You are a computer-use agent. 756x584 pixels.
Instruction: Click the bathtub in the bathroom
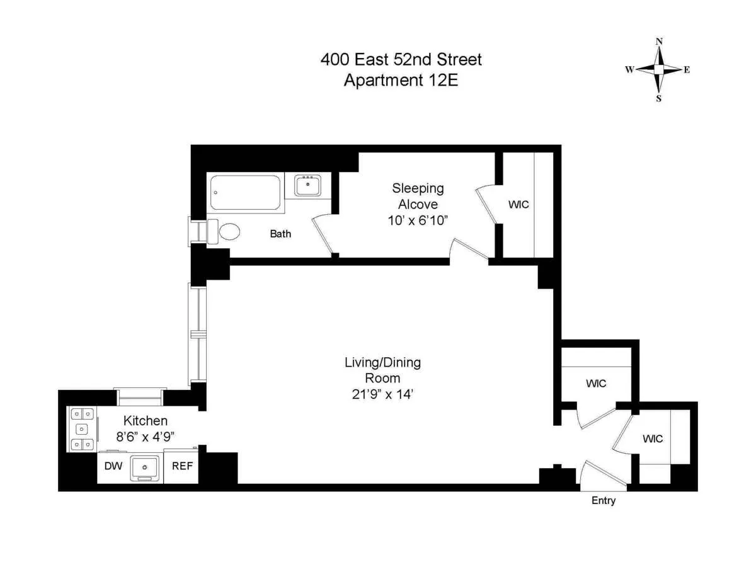(x=246, y=192)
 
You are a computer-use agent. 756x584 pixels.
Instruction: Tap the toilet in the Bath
(x=226, y=231)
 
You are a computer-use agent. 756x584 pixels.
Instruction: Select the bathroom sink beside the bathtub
(x=308, y=186)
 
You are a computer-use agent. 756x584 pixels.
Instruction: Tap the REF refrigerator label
(x=183, y=467)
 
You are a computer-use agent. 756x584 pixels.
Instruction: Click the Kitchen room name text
(x=145, y=421)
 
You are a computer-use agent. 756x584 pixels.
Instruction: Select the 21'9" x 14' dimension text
(x=382, y=394)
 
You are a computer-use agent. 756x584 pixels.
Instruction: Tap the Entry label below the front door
(x=603, y=501)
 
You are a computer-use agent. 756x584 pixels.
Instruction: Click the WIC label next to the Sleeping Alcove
(x=518, y=205)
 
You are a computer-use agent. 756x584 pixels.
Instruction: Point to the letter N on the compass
(x=659, y=42)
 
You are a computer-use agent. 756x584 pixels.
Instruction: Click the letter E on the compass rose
(x=687, y=70)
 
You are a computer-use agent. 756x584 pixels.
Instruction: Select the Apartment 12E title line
(x=401, y=81)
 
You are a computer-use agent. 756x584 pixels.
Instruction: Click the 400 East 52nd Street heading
(x=401, y=60)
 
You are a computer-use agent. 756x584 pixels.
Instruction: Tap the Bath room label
(x=280, y=234)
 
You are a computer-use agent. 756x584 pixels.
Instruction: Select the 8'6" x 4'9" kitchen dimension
(x=144, y=436)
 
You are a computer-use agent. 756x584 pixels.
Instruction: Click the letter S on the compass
(x=659, y=98)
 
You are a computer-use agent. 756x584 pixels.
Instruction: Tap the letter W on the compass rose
(x=629, y=70)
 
